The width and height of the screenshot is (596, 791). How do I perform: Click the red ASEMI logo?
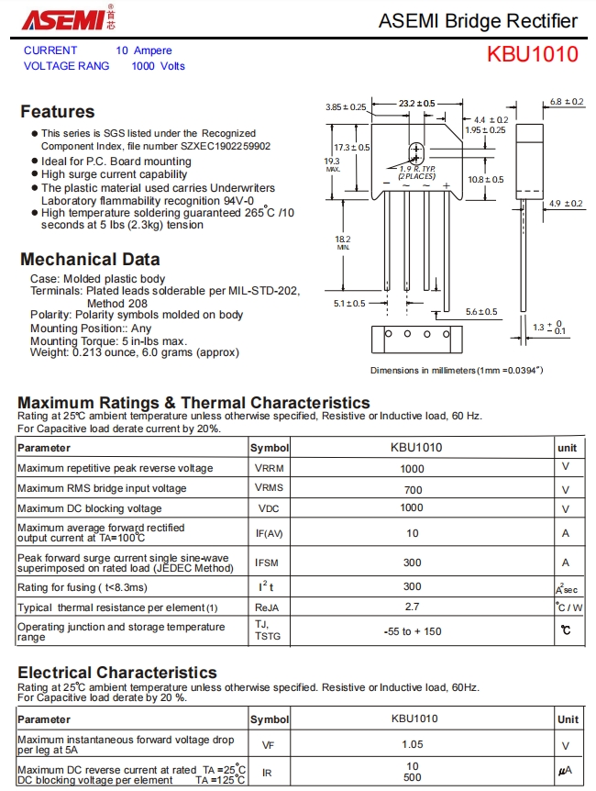[62, 20]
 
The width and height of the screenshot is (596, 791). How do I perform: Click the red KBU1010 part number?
[532, 54]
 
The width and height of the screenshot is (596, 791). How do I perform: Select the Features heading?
[57, 112]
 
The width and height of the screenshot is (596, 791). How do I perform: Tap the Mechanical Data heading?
[90, 260]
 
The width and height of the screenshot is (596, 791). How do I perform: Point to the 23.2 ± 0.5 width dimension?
[417, 104]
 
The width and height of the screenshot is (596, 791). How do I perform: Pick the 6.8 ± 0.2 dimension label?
[567, 102]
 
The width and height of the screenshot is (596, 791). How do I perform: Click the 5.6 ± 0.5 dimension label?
[481, 312]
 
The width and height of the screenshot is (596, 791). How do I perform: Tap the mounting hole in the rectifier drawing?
[416, 152]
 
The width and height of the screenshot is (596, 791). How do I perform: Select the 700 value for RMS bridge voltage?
[412, 489]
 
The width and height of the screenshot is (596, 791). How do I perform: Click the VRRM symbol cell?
[269, 468]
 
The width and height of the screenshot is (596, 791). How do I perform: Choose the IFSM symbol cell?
[269, 563]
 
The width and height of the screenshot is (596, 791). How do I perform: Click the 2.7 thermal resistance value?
[412, 607]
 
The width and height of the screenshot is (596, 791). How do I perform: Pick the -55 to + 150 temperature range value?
[412, 631]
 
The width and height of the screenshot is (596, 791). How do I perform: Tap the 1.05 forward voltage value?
[412, 745]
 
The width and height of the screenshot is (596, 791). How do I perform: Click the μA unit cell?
[568, 772]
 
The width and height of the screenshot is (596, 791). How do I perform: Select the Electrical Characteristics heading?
[117, 673]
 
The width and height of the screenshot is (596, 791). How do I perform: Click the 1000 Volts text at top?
[158, 66]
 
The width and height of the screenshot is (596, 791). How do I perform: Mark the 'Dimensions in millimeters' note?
[456, 371]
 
